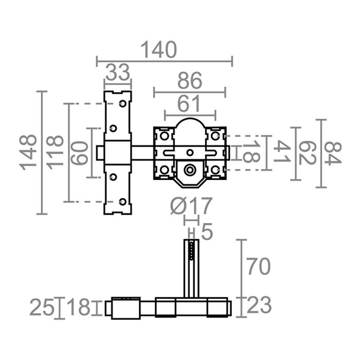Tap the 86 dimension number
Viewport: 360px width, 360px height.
189,82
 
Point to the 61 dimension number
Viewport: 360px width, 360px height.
189,104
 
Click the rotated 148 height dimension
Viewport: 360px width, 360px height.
28,153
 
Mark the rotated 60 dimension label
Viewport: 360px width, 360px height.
80,153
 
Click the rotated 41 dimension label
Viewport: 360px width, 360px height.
280,153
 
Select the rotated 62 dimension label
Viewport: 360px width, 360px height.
305,153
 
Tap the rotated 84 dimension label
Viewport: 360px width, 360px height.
332,153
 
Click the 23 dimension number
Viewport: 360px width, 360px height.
259,306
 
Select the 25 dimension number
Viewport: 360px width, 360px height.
41,308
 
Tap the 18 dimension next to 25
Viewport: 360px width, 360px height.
79,308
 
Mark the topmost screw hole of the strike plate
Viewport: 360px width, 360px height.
122,104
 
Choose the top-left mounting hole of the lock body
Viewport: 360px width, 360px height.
164,136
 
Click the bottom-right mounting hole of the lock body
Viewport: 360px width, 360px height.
215,169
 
